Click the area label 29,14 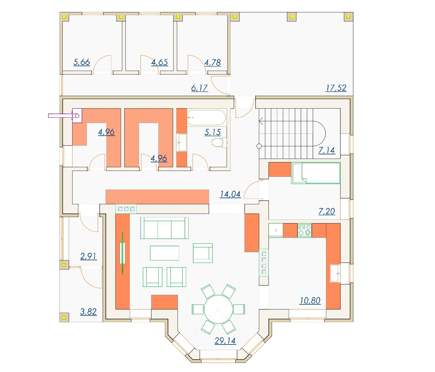(225, 340)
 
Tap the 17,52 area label (336, 88)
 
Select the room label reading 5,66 (82, 62)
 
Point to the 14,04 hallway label (230, 194)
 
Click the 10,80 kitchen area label (310, 301)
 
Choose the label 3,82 (88, 312)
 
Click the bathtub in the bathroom (207, 118)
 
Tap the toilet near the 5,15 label (219, 143)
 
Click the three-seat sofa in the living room (164, 228)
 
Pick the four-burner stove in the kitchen (304, 230)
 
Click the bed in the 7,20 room (316, 173)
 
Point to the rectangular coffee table (165, 253)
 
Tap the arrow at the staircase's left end (261, 121)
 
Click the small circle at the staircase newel (259, 146)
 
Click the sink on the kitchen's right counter (335, 273)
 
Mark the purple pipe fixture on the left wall (65, 116)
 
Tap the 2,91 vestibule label (88, 256)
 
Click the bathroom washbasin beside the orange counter (182, 142)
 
